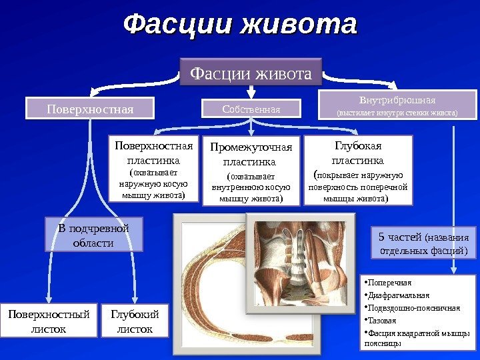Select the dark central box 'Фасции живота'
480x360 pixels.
(251, 72)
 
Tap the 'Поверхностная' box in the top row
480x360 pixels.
(89, 108)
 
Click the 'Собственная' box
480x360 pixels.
(251, 109)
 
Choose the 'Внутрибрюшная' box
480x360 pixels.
(398, 105)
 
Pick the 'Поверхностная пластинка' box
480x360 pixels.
(153, 169)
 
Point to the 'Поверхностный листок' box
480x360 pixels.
(48, 321)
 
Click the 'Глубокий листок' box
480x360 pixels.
(135, 321)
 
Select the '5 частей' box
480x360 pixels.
(423, 243)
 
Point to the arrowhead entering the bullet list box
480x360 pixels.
(454, 268)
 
